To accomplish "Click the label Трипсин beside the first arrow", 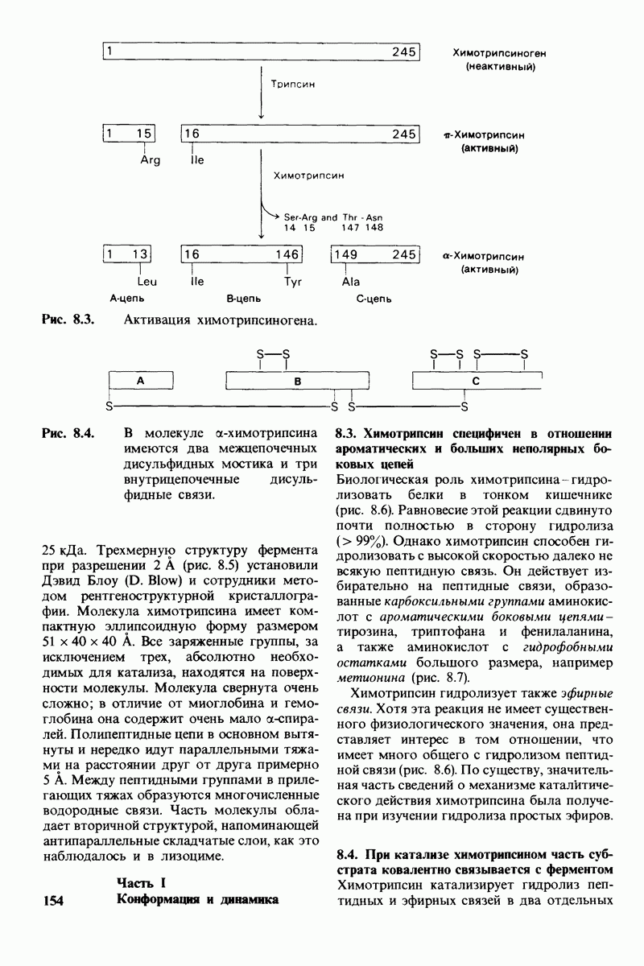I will point(291,84).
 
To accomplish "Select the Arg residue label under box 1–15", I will point(150,159).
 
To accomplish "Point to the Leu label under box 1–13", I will point(146,282).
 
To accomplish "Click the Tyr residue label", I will point(292,282).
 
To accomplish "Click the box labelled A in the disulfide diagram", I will point(140,382).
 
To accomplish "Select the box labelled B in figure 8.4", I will point(296,382).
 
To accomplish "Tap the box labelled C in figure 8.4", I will point(476,382).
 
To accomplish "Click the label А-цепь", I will point(126,299).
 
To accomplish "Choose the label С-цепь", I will point(374,299).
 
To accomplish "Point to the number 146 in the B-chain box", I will point(287,254).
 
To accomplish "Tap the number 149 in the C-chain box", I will point(346,254).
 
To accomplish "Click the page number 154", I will point(54,900).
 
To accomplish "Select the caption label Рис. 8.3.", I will point(68,320).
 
